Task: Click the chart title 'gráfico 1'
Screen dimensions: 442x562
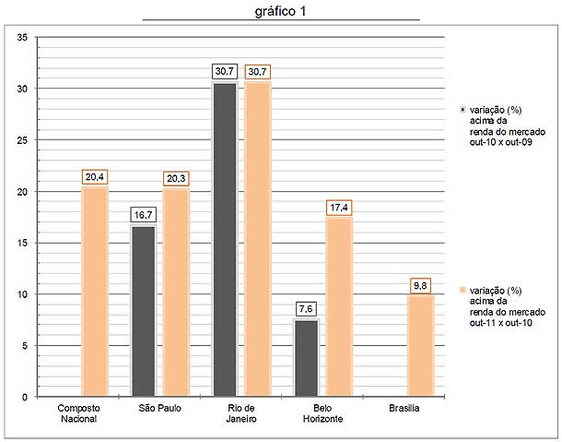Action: tap(282, 11)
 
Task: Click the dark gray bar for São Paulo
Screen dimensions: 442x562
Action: tap(143, 312)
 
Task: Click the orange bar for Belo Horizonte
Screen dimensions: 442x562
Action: tap(339, 307)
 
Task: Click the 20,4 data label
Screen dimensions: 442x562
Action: tap(95, 177)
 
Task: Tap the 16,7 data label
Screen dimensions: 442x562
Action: tap(143, 215)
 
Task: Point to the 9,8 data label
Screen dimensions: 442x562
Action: tap(421, 285)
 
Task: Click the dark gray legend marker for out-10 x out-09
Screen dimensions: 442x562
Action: tap(462, 109)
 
